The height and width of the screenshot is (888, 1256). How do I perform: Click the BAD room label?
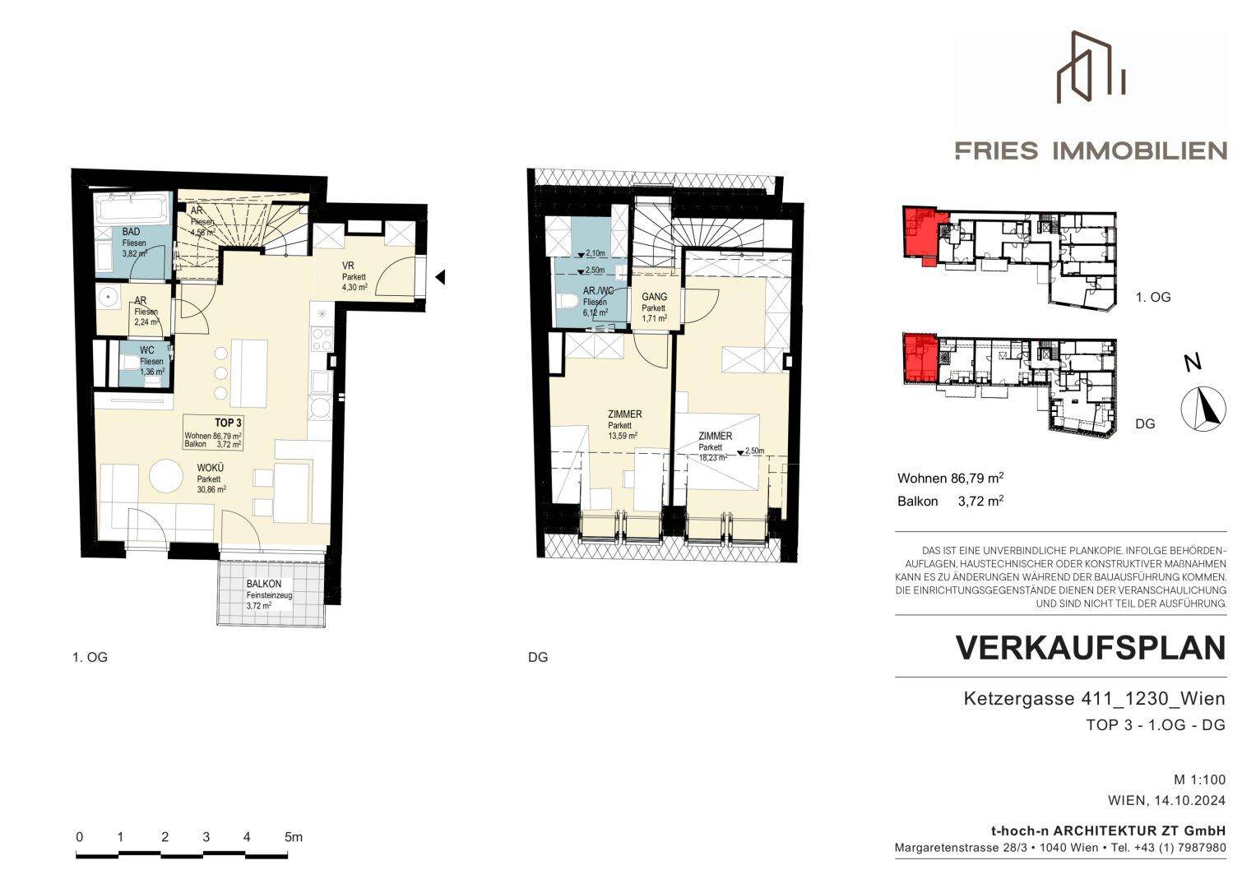tap(132, 232)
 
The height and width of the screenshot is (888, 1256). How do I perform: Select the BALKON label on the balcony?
tap(263, 584)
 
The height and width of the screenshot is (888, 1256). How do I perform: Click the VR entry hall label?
tap(348, 266)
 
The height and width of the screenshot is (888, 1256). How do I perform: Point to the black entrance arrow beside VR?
tap(440, 276)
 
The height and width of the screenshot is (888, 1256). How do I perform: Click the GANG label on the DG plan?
tap(655, 297)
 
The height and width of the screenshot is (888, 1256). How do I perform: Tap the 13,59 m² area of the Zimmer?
tap(623, 436)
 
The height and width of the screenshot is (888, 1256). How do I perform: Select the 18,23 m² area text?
tap(712, 457)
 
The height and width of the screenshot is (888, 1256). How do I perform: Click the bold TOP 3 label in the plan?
tap(228, 423)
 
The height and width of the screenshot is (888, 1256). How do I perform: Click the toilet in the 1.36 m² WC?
tap(131, 363)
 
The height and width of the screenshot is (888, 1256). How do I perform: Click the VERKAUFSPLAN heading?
tap(1091, 648)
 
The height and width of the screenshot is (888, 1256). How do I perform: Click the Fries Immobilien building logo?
tap(1091, 67)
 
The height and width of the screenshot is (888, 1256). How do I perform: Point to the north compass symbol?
tap(1203, 409)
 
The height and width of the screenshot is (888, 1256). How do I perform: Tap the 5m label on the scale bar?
tap(294, 837)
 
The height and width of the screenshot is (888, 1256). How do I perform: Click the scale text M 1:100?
tap(1199, 779)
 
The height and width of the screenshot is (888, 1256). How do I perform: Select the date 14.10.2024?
tap(1190, 801)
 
